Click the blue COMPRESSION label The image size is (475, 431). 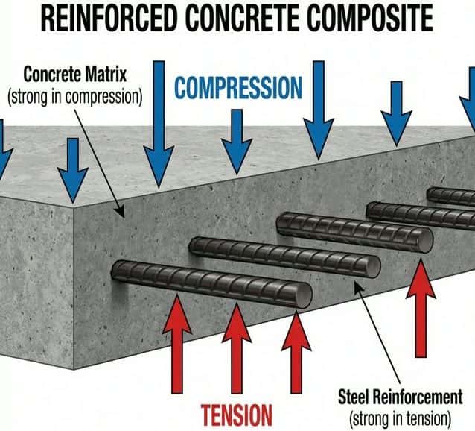tap(239, 87)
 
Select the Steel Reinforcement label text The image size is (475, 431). tap(401, 396)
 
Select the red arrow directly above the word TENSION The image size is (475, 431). tap(236, 350)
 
